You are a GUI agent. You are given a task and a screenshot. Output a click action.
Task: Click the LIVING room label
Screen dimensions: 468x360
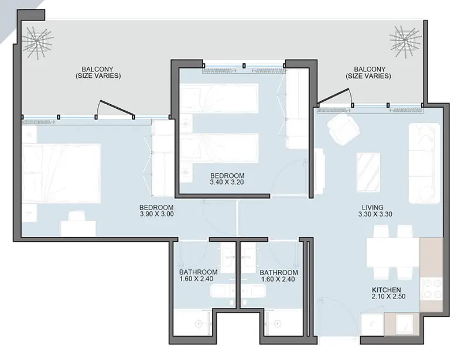(373, 207)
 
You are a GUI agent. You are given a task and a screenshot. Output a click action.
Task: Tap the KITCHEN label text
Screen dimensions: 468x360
(386, 290)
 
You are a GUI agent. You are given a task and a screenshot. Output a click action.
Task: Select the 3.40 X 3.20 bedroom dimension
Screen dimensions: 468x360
(227, 182)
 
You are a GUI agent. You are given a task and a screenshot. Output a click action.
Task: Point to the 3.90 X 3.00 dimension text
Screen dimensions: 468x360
(157, 214)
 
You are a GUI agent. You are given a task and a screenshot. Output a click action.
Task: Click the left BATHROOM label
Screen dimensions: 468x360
(198, 272)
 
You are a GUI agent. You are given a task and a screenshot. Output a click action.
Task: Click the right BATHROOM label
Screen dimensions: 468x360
(279, 272)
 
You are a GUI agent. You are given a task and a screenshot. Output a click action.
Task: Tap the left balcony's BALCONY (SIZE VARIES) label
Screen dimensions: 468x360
(98, 73)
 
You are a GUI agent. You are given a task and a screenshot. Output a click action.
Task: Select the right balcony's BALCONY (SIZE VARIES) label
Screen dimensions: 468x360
(368, 73)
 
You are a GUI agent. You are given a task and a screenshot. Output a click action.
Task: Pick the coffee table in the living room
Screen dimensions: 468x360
(368, 173)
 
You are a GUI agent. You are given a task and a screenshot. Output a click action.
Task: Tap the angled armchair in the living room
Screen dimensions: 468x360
(343, 129)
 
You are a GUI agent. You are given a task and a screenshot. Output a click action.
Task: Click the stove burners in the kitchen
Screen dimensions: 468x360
(431, 289)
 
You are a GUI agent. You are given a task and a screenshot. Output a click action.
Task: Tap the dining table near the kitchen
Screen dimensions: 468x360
(393, 253)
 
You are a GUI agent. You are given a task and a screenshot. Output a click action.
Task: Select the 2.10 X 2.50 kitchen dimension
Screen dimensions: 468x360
(388, 296)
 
